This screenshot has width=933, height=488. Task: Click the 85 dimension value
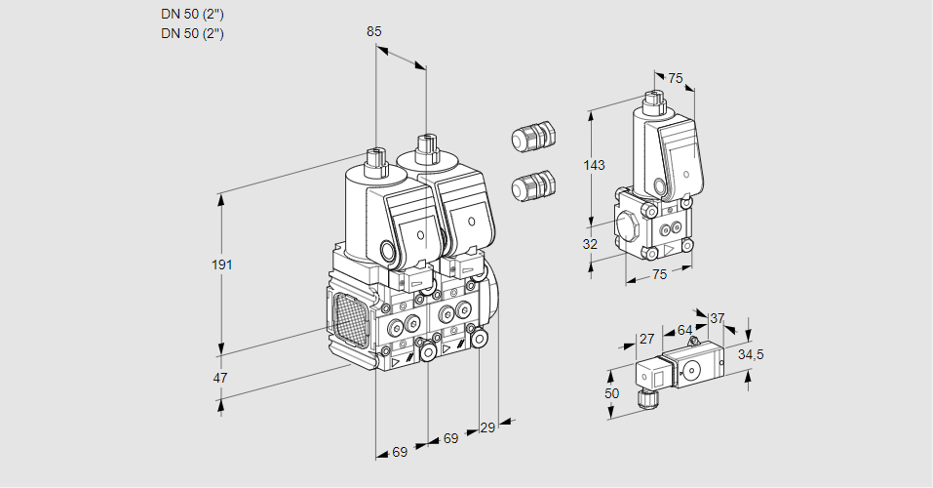[374, 31]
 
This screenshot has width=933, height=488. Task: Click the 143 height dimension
[594, 165]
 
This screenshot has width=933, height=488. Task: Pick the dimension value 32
[590, 244]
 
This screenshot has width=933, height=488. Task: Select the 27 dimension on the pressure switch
[645, 339]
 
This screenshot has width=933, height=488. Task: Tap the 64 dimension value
[684, 330]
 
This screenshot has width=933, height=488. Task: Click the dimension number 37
[717, 318]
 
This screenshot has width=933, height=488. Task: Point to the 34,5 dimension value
[751, 354]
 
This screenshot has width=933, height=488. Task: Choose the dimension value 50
[611, 392]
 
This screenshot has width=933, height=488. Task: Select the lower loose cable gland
[533, 184]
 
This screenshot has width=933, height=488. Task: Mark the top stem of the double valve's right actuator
[425, 150]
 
